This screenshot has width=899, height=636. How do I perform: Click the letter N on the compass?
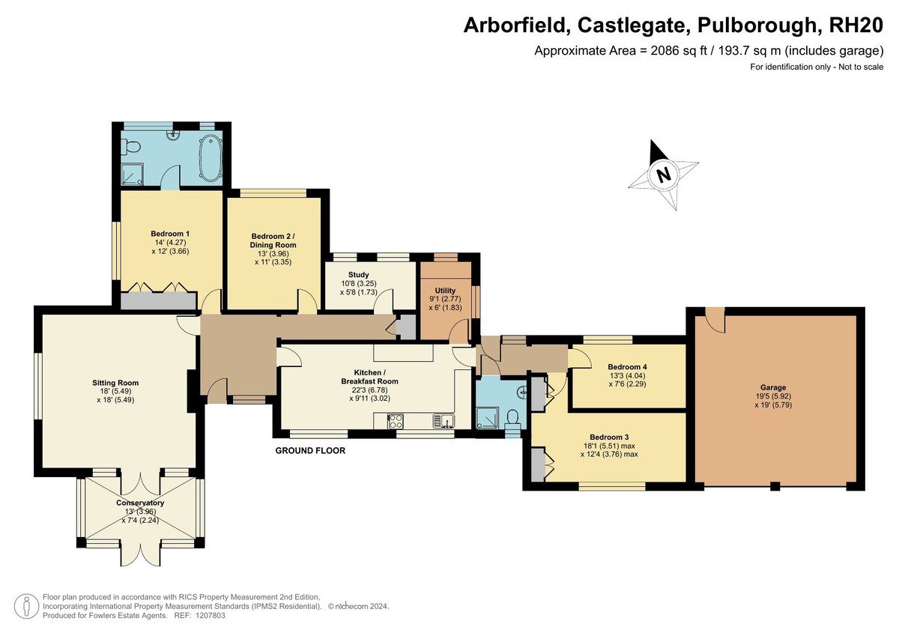coord(664,175)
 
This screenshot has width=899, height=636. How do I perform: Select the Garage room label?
coord(772,387)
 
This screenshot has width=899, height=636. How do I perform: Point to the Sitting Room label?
coord(115,382)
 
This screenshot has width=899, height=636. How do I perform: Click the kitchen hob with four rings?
coord(396,421)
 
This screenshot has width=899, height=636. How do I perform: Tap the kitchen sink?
coord(443,421)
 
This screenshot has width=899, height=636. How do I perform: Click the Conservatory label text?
coord(140,503)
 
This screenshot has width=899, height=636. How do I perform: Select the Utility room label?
coord(445,291)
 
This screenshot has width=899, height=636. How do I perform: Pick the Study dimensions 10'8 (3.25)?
coord(359,283)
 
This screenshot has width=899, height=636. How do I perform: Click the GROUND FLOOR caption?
coord(310,451)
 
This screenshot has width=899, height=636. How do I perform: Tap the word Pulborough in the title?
coord(756,25)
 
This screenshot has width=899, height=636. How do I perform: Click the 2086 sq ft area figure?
coord(679,51)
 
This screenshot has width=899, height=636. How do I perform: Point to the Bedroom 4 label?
coord(627,367)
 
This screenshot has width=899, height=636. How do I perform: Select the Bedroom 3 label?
coord(609,437)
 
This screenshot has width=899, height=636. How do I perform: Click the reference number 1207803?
coord(211,616)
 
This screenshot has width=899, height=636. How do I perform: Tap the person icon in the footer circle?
coord(27,605)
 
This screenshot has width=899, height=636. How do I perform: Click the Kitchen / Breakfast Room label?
coord(369,377)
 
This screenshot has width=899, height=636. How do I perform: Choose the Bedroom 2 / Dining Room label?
coord(273,240)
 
